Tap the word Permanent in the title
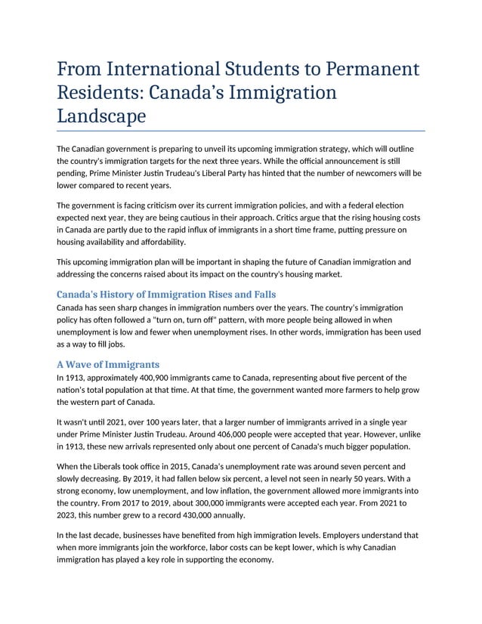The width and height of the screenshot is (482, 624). pyautogui.click(x=372, y=70)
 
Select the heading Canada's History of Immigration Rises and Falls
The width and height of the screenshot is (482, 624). pyautogui.click(x=166, y=294)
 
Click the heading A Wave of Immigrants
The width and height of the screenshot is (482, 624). pyautogui.click(x=108, y=364)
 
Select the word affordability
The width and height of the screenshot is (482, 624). pyautogui.click(x=159, y=242)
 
